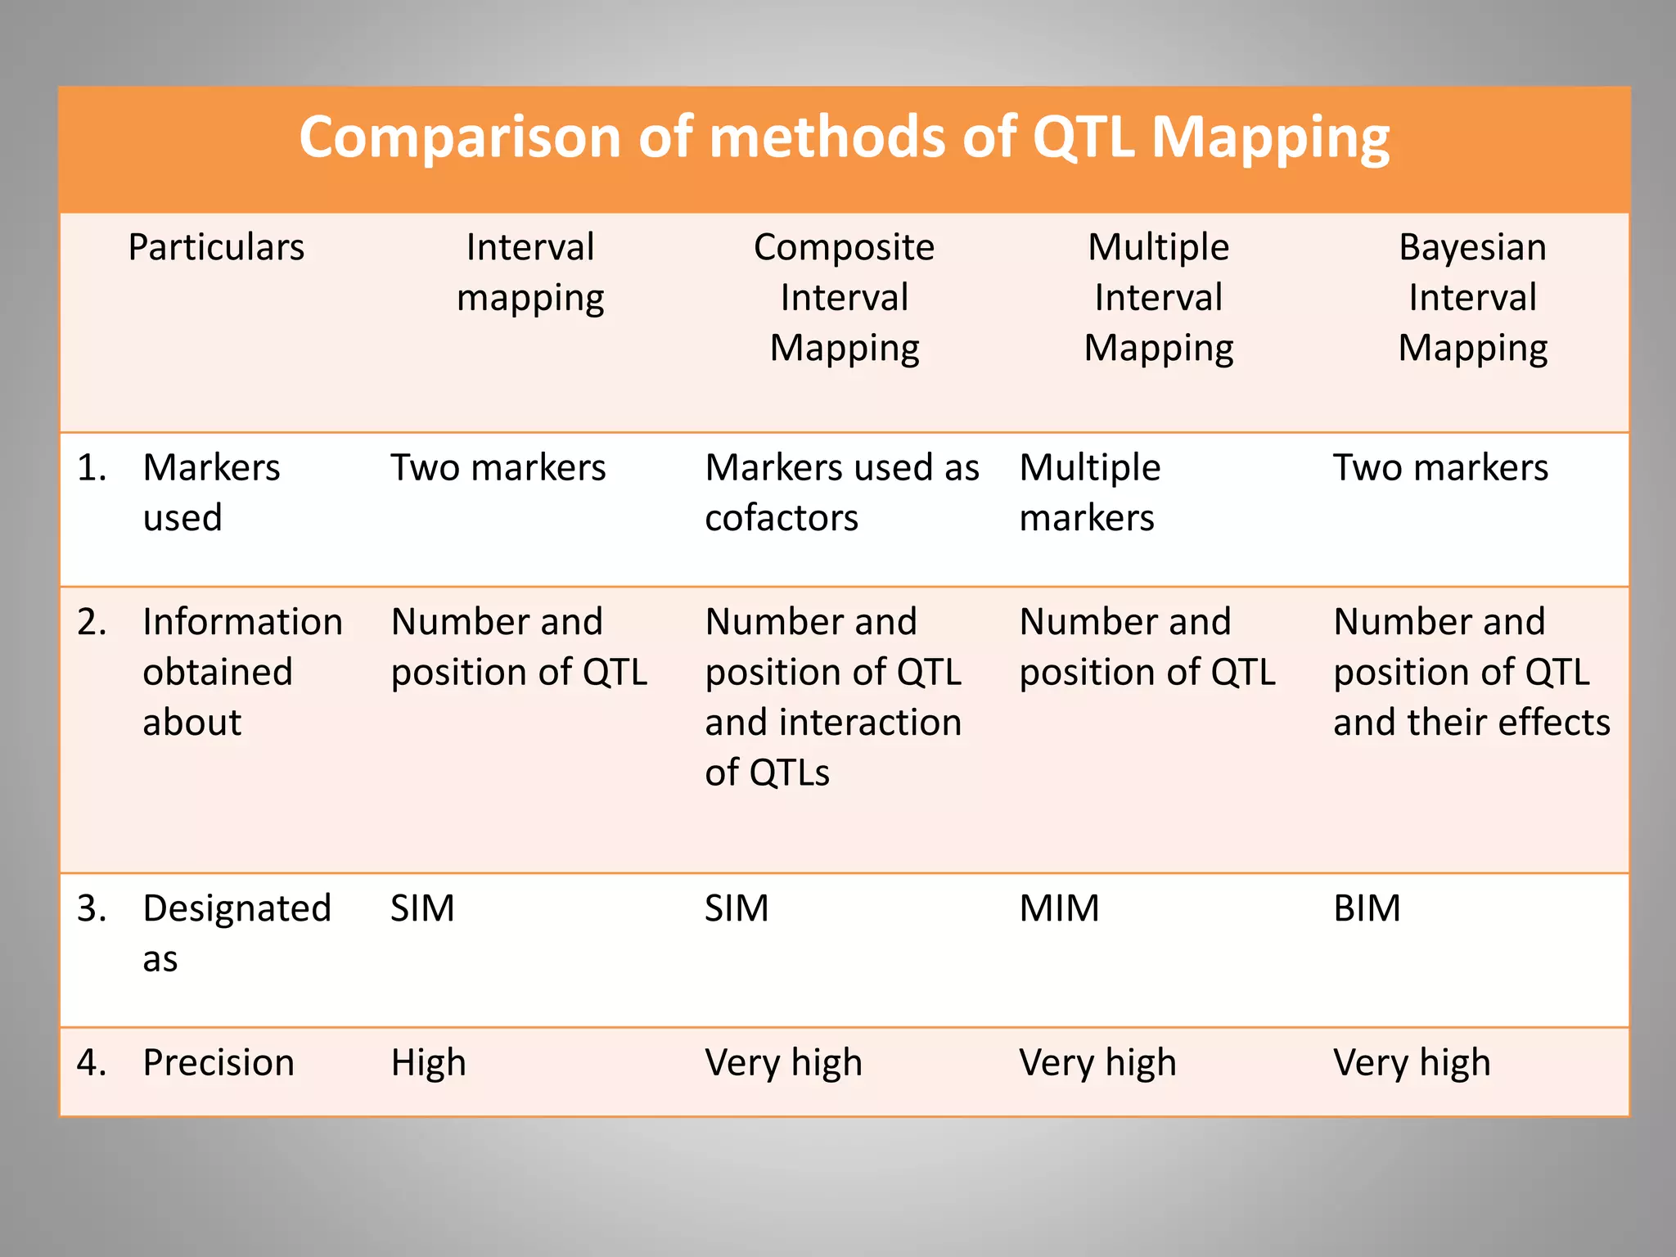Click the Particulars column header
tap(216, 247)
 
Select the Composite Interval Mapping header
tap(844, 297)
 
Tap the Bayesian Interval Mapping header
tap(1472, 297)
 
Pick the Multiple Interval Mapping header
tap(1158, 297)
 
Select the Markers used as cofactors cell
tap(841, 492)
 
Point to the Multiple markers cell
tap(1089, 492)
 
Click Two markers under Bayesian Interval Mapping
tap(1440, 468)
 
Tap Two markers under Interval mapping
tap(498, 468)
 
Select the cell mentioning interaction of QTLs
tap(833, 696)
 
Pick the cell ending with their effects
tap(1471, 671)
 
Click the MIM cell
tap(1059, 908)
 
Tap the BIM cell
tap(1367, 908)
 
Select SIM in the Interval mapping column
tap(422, 908)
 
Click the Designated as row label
tap(236, 932)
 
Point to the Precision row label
tap(218, 1062)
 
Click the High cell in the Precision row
tap(428, 1062)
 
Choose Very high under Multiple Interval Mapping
tap(1097, 1062)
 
